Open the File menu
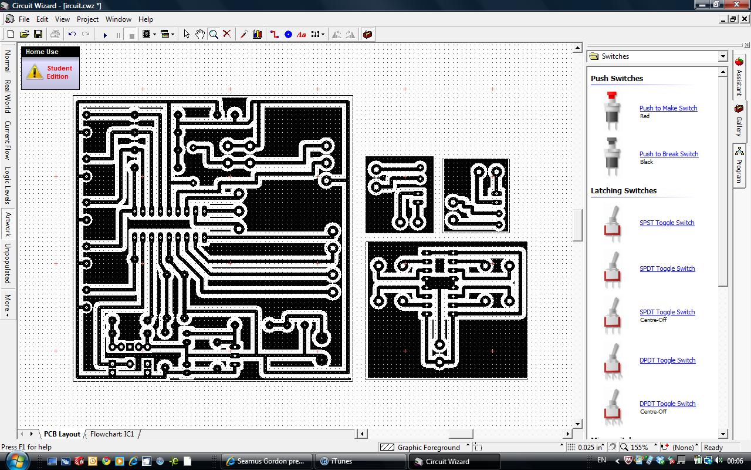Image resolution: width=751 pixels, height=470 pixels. (23, 19)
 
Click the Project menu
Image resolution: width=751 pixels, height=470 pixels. (87, 19)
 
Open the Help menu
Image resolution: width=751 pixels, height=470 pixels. (146, 19)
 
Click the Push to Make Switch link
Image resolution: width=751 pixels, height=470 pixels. (668, 108)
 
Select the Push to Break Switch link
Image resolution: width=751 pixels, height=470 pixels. (669, 154)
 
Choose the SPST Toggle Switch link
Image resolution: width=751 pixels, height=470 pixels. (667, 223)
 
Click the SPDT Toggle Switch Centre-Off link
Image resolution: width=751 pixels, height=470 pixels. (667, 312)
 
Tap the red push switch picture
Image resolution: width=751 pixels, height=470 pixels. (613, 110)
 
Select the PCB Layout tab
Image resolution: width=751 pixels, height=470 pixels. (62, 434)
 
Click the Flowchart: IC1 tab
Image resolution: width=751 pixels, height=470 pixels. (112, 434)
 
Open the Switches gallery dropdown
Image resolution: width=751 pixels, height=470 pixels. (722, 56)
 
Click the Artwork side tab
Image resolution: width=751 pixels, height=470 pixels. (8, 224)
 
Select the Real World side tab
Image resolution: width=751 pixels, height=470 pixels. (8, 96)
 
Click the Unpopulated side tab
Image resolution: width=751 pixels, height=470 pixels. (8, 263)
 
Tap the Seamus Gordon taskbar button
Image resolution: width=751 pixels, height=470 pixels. (268, 461)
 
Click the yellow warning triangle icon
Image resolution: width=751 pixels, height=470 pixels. (35, 72)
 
